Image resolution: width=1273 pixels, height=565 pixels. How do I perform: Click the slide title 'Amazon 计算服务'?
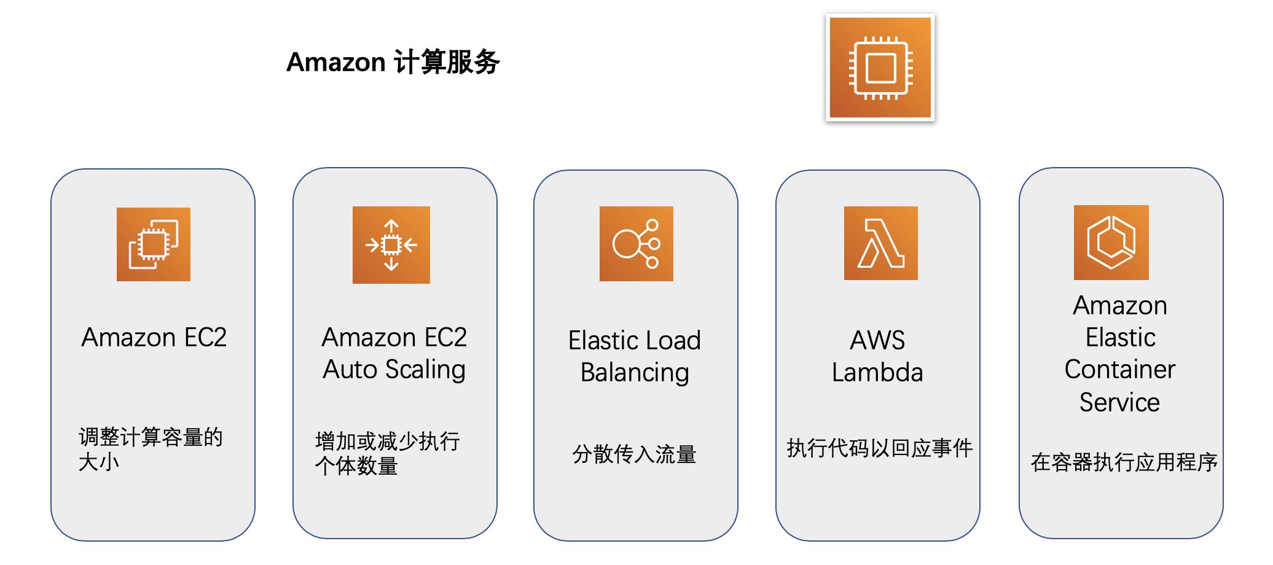tap(393, 62)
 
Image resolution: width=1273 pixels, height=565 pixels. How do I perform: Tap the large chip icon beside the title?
tap(880, 68)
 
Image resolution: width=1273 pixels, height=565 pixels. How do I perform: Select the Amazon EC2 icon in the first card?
tap(154, 244)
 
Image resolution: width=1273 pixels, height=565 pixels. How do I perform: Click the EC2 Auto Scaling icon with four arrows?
tap(391, 245)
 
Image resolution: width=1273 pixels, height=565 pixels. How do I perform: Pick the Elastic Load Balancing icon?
tap(636, 244)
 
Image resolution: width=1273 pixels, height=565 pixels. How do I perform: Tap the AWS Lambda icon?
tap(880, 243)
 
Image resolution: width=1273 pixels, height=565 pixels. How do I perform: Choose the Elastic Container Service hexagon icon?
tap(1111, 243)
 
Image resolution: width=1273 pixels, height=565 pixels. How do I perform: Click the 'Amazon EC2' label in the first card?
tap(154, 337)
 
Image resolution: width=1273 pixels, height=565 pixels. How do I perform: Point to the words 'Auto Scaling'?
tap(394, 370)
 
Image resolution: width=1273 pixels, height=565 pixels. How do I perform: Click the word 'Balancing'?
tap(635, 373)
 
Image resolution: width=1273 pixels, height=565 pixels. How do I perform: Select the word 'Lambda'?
tap(877, 372)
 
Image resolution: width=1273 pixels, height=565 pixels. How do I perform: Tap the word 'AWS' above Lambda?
tap(877, 340)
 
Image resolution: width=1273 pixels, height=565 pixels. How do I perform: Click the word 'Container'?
tap(1119, 370)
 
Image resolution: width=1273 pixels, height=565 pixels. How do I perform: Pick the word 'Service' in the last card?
tap(1119, 402)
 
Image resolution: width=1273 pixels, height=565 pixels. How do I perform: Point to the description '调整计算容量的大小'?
tap(151, 449)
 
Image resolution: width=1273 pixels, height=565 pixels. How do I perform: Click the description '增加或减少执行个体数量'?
tap(387, 453)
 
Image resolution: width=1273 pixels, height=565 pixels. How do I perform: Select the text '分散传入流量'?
tap(634, 454)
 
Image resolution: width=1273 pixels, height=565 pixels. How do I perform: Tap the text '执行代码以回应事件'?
tap(879, 448)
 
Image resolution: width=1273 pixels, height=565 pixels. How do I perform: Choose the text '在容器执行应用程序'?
tap(1124, 462)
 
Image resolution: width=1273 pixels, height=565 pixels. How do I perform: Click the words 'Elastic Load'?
tap(634, 340)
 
